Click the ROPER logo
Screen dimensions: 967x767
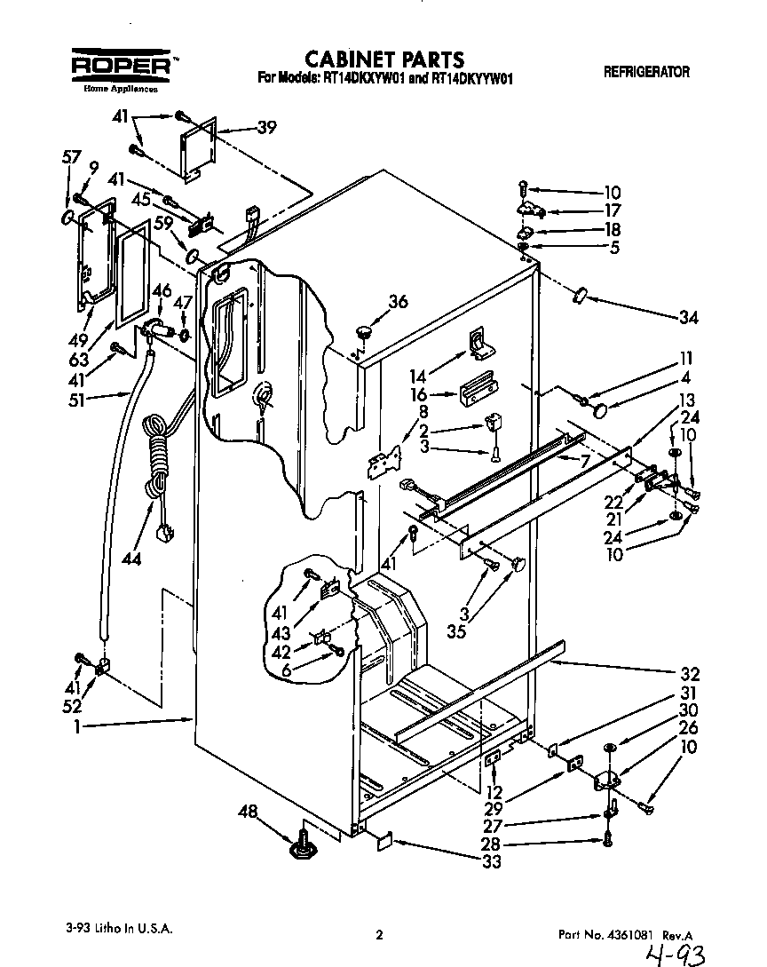[122, 68]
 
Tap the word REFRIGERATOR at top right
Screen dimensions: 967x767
[646, 73]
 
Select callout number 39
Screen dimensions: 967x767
[266, 127]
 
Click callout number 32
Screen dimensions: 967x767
[689, 672]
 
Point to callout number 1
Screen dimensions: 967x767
[78, 726]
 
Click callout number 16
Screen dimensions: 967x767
[419, 394]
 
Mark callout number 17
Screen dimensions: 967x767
[612, 211]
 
